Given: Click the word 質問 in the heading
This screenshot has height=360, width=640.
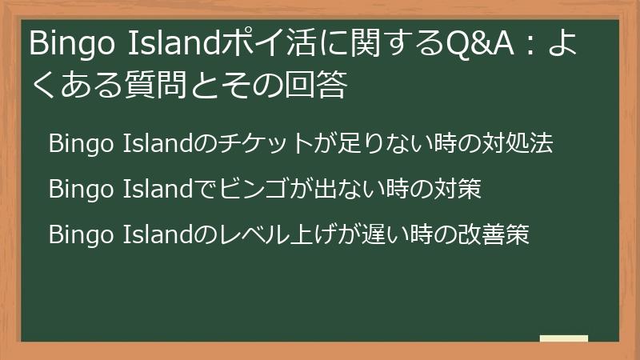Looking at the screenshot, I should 160,86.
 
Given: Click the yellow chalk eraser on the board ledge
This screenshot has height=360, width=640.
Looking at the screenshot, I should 564,338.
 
